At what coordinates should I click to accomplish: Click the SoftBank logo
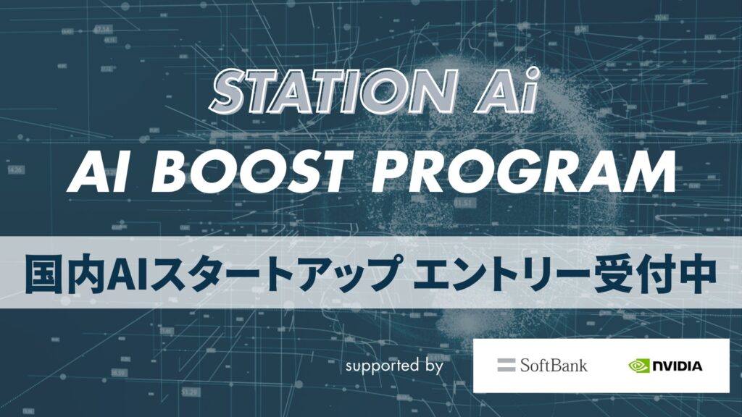click(542, 365)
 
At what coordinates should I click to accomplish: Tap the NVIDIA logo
click(665, 366)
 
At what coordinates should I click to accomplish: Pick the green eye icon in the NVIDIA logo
click(640, 366)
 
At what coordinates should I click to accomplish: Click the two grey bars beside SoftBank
click(506, 365)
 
